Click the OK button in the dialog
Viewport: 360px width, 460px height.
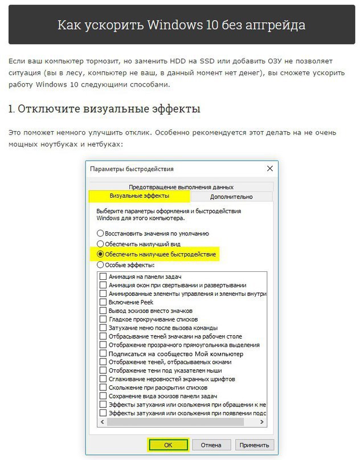[168, 444]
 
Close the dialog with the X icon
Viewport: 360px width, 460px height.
[269, 169]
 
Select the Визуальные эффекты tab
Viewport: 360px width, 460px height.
[139, 196]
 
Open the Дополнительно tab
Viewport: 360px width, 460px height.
[231, 197]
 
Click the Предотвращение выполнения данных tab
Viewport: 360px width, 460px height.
[181, 187]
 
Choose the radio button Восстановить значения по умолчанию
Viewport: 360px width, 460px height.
[101, 233]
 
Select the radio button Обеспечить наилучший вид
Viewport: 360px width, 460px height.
[101, 243]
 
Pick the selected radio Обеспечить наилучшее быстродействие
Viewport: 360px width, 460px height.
[101, 254]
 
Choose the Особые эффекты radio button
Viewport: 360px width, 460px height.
[101, 264]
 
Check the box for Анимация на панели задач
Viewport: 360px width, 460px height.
[103, 276]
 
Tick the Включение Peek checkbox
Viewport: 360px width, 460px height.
[103, 302]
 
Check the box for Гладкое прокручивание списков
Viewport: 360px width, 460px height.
[103, 319]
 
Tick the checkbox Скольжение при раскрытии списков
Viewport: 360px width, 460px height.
[103, 387]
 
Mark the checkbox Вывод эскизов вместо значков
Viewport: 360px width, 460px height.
[103, 311]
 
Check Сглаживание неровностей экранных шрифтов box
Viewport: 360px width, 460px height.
[103, 378]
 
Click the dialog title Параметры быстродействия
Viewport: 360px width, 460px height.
[132, 169]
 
